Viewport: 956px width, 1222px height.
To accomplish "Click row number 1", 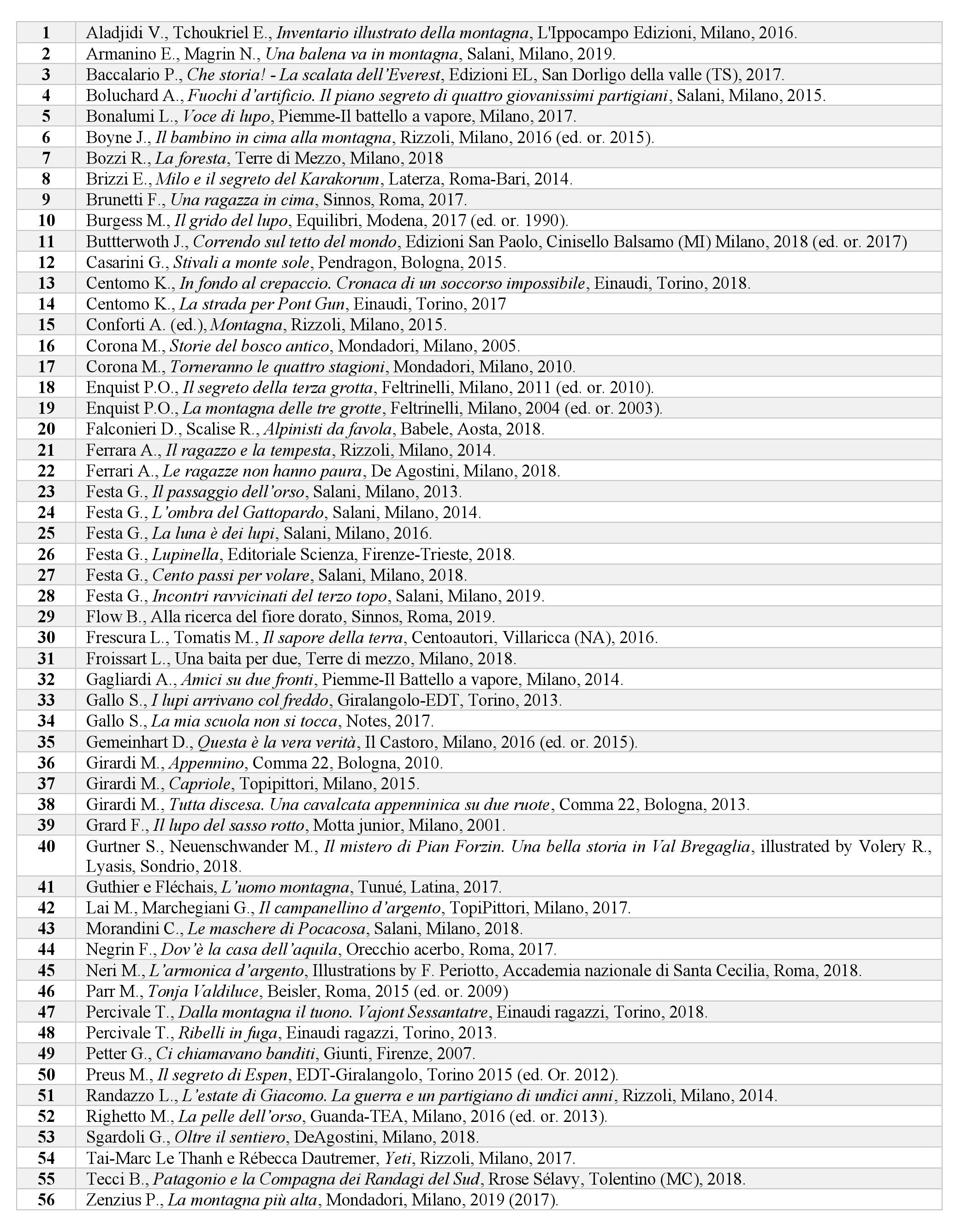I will (x=46, y=33).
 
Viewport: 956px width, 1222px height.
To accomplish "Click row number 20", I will (x=46, y=429).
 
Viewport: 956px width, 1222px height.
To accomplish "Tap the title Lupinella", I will (x=185, y=555).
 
